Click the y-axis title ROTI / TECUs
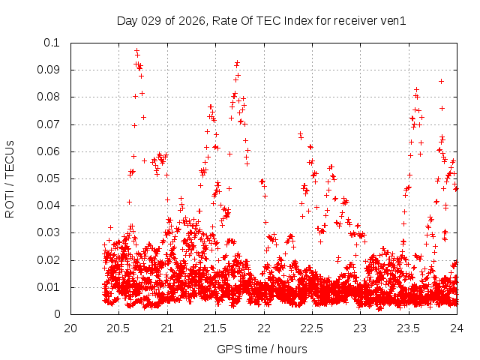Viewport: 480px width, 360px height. tap(10, 178)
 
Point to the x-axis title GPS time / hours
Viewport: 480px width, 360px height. tap(262, 349)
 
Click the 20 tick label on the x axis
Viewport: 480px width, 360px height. tap(70, 328)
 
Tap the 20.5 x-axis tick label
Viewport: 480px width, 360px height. tap(118, 328)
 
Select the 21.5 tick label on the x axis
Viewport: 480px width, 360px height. tap(215, 328)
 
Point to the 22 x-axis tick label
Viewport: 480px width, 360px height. tap(264, 328)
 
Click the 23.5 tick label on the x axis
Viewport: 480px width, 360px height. tap(409, 328)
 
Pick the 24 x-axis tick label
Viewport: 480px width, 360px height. tap(457, 328)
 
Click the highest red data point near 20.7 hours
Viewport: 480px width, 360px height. tap(136, 50)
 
